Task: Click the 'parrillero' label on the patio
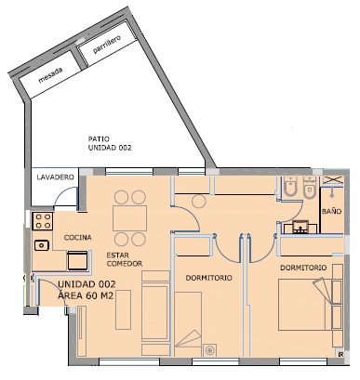click(107, 45)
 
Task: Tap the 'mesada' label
click(50, 76)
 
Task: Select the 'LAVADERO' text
click(56, 177)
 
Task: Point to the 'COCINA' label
click(78, 238)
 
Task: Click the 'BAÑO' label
click(331, 211)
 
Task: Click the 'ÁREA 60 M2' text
click(86, 295)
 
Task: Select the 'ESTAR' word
click(117, 256)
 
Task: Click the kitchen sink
click(42, 245)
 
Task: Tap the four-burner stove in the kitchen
click(43, 221)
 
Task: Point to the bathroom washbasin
click(300, 227)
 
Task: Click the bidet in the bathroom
click(290, 188)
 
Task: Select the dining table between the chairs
click(129, 218)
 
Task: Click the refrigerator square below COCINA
click(77, 260)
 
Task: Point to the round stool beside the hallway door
click(199, 202)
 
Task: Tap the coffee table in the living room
click(123, 309)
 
